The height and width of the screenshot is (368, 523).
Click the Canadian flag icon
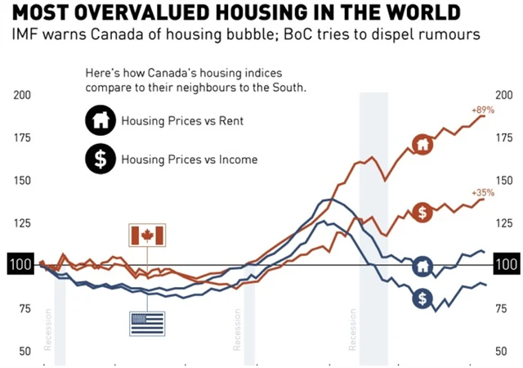[147, 236]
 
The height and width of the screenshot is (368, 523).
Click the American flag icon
[147, 323]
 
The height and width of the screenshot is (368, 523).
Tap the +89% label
[482, 110]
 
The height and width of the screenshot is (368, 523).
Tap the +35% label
[483, 192]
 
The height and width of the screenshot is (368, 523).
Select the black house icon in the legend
[99, 122]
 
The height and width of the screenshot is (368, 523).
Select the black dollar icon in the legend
[99, 159]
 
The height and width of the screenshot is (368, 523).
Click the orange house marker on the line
[422, 145]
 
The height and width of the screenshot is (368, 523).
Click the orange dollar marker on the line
[422, 213]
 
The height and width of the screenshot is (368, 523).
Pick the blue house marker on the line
[422, 266]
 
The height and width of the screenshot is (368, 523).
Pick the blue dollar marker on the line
[422, 298]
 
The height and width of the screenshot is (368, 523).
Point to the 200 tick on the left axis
[25, 95]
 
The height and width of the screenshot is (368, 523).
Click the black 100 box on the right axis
[507, 265]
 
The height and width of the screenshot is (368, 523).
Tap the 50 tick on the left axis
[25, 351]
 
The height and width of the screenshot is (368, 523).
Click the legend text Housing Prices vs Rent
[182, 122]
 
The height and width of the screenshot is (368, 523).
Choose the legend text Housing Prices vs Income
[189, 159]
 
